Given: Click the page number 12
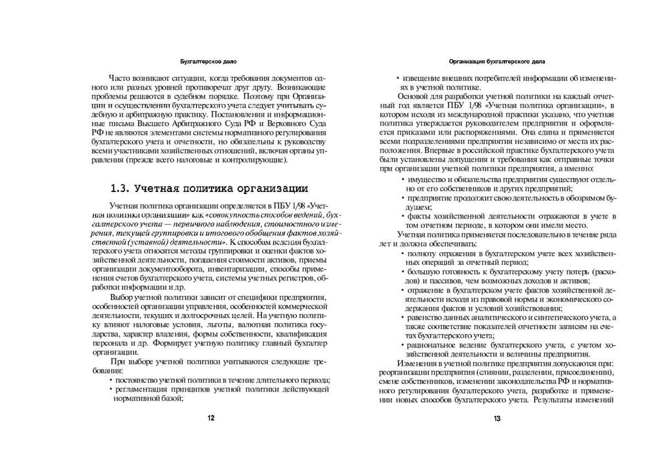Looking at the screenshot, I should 211,418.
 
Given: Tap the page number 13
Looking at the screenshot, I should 497,419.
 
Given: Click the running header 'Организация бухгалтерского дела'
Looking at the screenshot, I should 497,60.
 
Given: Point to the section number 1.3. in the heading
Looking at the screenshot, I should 120,187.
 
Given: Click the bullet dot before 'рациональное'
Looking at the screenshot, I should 403,345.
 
